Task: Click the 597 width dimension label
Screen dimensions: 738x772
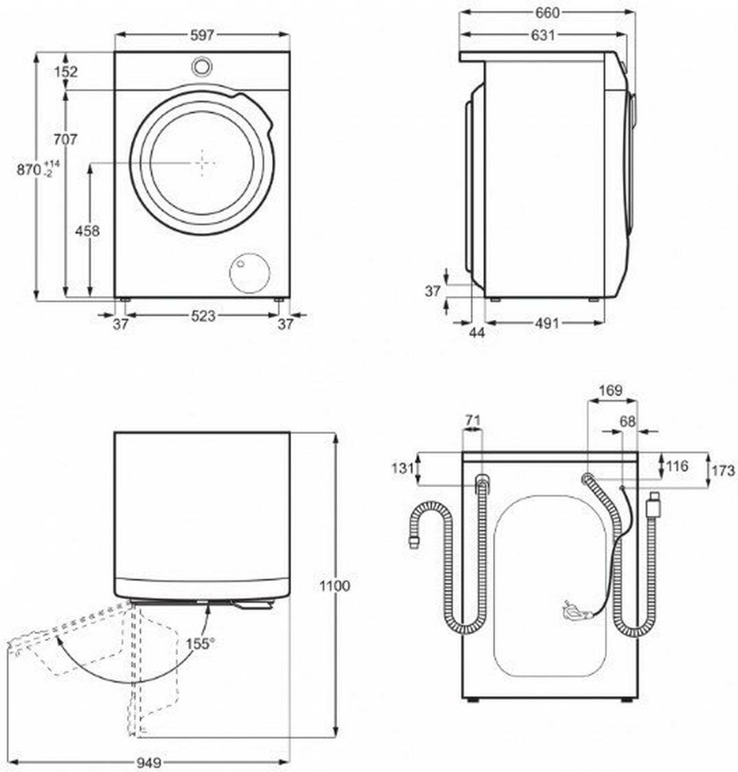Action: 203,34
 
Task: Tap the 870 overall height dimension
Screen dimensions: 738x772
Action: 29,170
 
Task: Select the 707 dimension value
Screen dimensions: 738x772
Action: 65,139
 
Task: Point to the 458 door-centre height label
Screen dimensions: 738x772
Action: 87,230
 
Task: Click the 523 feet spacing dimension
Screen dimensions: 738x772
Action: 203,315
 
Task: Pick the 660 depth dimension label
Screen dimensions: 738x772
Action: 547,13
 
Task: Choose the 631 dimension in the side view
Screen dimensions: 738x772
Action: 542,34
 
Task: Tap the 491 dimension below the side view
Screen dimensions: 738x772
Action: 546,323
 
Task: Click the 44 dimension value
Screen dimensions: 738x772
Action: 476,333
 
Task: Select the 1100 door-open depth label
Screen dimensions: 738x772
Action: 334,586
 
